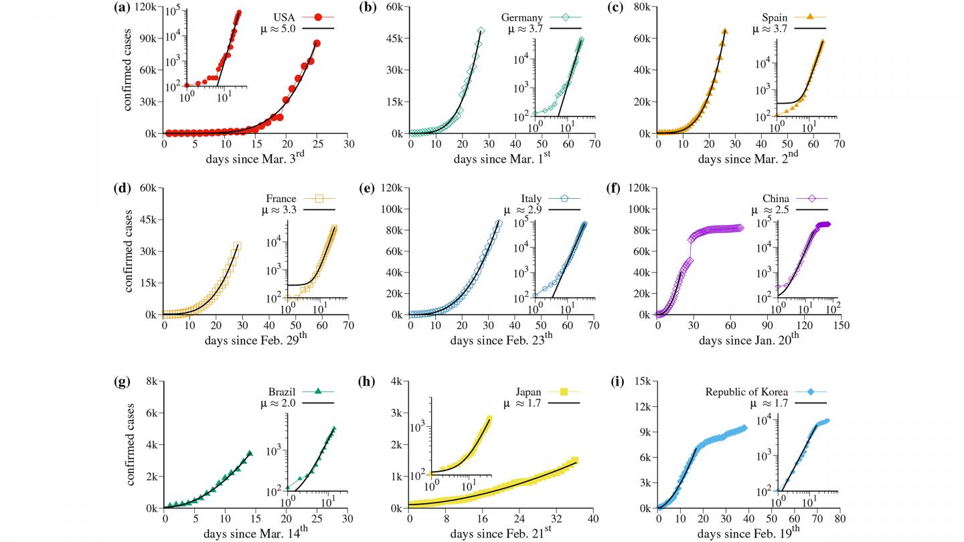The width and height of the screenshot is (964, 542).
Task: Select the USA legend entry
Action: [287, 17]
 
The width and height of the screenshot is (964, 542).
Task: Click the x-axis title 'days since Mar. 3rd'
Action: [256, 161]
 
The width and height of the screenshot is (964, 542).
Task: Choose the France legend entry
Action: [280, 198]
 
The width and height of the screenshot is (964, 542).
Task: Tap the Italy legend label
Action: [533, 198]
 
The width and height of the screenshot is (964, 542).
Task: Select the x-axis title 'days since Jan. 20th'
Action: [749, 341]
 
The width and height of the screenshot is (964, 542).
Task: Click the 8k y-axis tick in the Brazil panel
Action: [151, 382]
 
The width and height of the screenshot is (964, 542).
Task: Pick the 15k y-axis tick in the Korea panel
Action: [641, 382]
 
